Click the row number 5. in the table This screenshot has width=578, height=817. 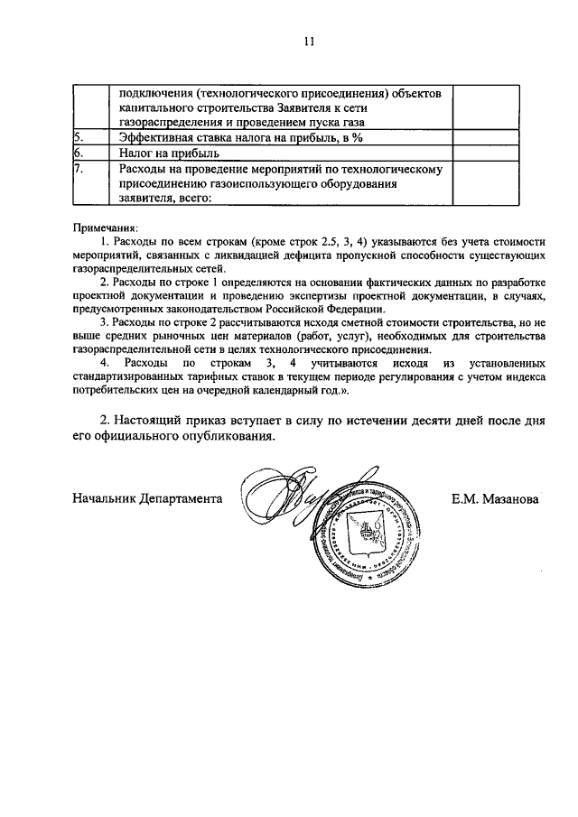click(79, 137)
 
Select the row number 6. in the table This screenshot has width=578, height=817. click(79, 153)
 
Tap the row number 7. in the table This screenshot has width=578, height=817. click(79, 169)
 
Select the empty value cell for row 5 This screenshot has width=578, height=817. click(485, 137)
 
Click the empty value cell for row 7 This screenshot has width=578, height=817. click(485, 184)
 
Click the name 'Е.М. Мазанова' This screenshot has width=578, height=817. click(494, 498)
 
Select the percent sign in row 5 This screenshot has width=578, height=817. click(358, 137)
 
